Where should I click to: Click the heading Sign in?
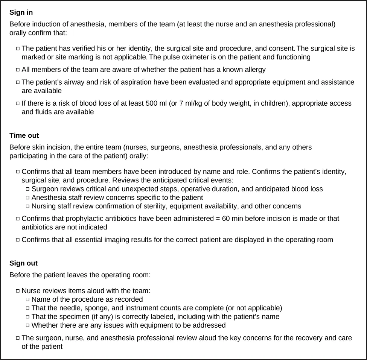(x=21, y=12)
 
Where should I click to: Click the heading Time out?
(x=24, y=135)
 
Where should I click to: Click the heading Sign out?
(x=24, y=263)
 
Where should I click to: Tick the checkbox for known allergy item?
(x=18, y=70)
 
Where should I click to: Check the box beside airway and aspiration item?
(x=18, y=82)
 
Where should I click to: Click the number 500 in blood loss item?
(x=152, y=103)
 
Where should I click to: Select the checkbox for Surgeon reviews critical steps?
(x=28, y=189)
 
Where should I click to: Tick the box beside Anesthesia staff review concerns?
(x=28, y=198)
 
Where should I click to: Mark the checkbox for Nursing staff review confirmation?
(x=28, y=207)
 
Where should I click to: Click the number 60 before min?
(x=226, y=219)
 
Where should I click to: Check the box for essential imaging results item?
(x=18, y=240)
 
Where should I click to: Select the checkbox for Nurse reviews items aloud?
(x=18, y=291)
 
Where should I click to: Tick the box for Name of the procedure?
(x=28, y=300)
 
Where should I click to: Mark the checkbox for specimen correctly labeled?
(x=28, y=317)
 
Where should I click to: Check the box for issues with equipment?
(x=28, y=325)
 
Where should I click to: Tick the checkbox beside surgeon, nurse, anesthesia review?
(x=18, y=338)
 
